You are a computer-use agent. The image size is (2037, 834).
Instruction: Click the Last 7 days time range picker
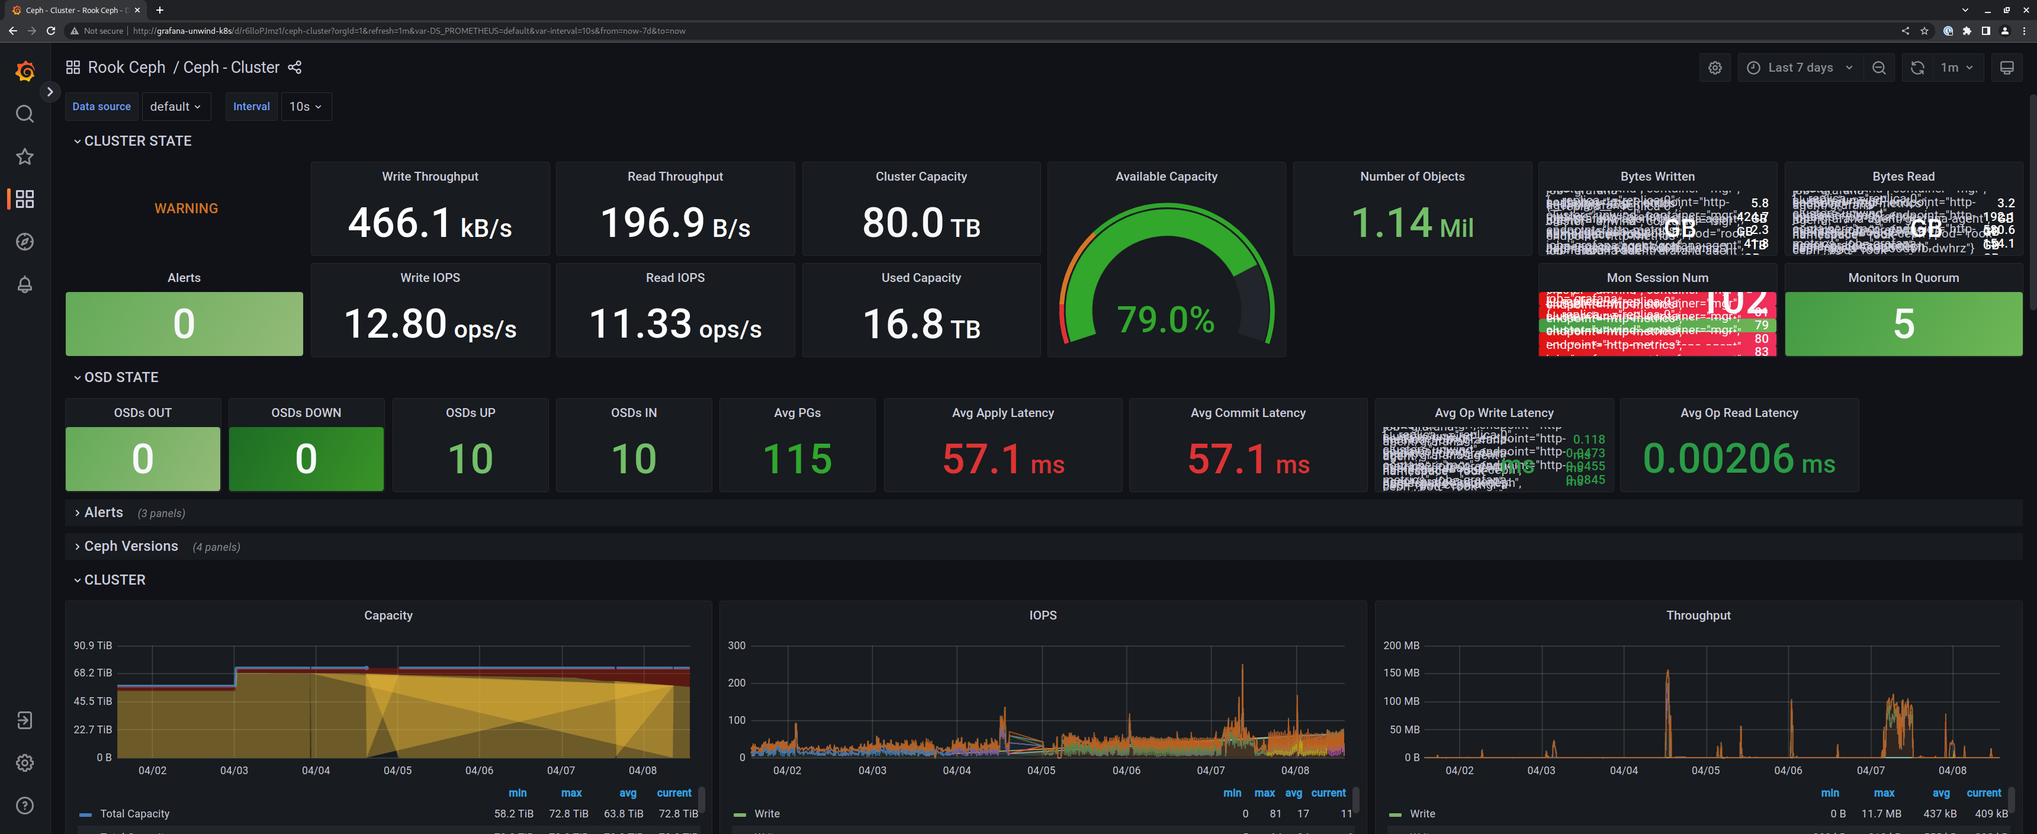[x=1799, y=68]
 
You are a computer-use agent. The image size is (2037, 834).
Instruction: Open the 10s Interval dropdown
[x=305, y=107]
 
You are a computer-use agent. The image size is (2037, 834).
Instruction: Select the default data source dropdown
[x=175, y=107]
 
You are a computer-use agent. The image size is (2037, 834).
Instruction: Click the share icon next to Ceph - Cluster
[x=295, y=68]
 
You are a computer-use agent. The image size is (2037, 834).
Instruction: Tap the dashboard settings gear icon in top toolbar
[x=1714, y=68]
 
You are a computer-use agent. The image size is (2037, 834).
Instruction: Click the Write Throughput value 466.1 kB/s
[x=429, y=223]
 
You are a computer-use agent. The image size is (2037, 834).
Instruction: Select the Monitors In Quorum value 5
[x=1903, y=323]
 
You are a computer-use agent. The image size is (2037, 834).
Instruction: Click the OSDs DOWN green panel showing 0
[x=306, y=459]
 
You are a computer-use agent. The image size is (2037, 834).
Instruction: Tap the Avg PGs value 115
[x=796, y=459]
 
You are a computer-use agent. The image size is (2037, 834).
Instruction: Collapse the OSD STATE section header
[x=120, y=377]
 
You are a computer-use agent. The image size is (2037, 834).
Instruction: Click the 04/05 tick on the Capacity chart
[x=397, y=771]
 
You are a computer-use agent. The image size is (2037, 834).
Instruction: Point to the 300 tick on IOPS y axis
[x=736, y=646]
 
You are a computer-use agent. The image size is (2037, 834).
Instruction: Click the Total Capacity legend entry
[x=134, y=813]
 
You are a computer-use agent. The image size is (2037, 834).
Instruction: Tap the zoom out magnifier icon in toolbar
[x=1879, y=68]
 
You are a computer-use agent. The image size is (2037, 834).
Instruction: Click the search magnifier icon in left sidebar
[x=24, y=114]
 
